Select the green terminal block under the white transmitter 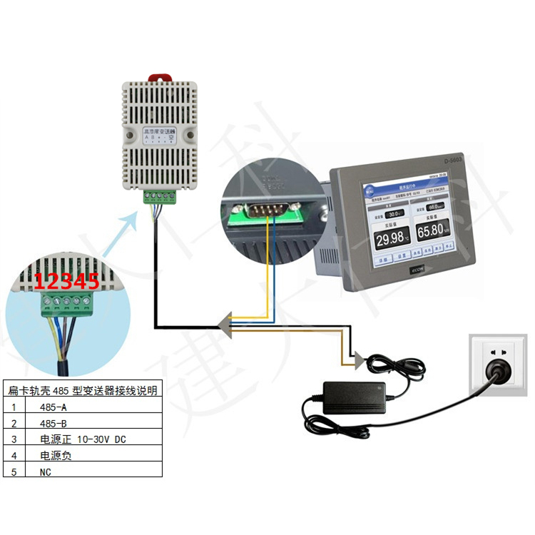(x=159, y=196)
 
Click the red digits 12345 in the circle (x=66, y=281)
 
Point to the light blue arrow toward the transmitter (x=121, y=232)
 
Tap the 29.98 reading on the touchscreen (x=392, y=238)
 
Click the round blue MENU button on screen (x=371, y=189)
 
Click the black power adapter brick (x=355, y=396)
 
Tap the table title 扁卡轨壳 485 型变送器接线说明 (x=82, y=390)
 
